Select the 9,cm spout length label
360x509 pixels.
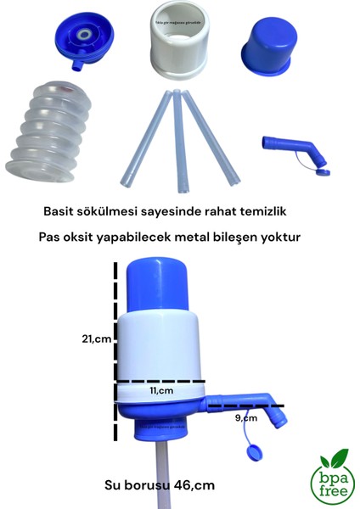[x=247, y=418]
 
